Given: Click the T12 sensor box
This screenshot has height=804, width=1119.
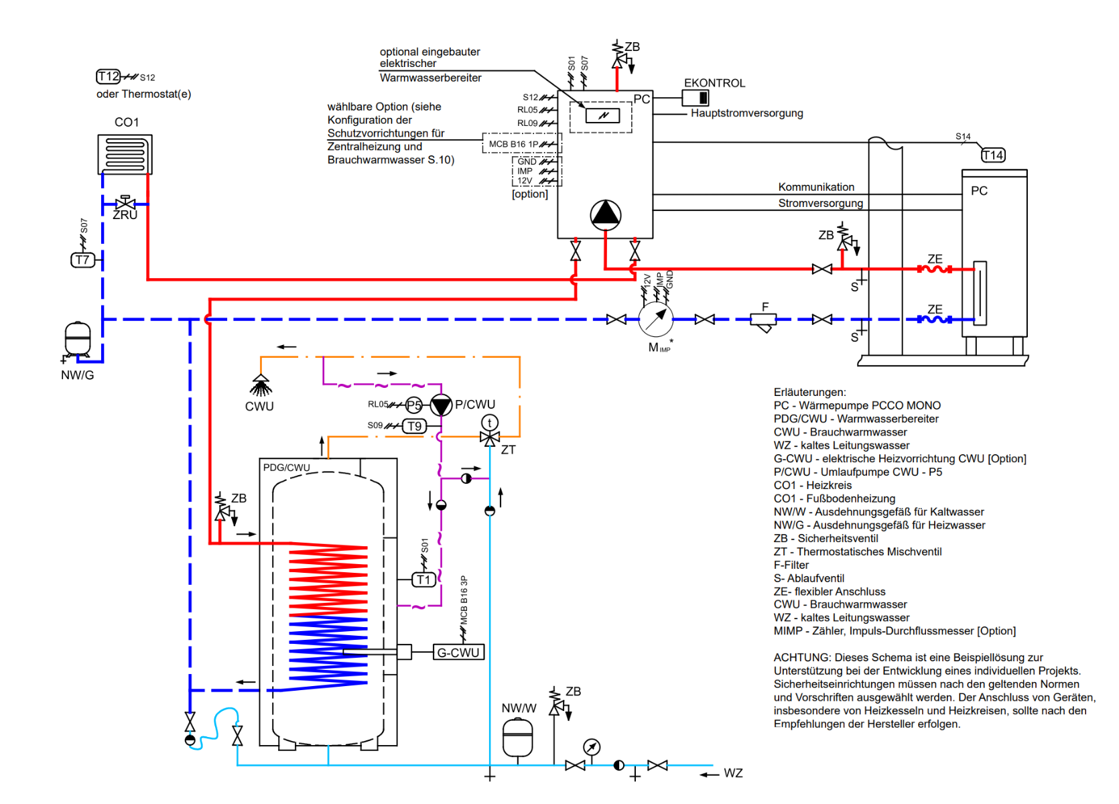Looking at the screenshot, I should click(108, 76).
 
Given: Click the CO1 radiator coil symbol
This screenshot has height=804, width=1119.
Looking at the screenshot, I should click(125, 154).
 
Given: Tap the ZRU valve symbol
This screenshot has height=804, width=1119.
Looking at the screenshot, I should click(125, 204).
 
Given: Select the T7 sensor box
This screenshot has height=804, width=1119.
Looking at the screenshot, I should click(82, 260).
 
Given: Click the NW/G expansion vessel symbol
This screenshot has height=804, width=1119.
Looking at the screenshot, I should click(78, 338).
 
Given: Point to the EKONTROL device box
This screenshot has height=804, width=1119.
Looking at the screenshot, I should click(696, 98).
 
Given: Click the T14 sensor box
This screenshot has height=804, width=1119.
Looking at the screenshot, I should click(993, 155).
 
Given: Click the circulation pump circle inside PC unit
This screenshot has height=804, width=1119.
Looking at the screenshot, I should click(606, 214).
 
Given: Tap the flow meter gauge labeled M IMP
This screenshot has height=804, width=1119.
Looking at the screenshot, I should click(656, 320).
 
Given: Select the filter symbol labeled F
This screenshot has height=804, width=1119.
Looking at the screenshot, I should click(763, 322).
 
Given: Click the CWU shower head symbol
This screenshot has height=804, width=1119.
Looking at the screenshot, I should click(261, 385).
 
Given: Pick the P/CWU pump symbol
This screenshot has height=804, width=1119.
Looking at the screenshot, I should click(441, 405).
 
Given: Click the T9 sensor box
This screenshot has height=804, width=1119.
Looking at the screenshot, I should click(415, 426).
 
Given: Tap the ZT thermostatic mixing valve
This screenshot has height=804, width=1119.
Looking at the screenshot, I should click(490, 438).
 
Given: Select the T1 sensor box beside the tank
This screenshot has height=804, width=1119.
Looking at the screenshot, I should click(423, 580).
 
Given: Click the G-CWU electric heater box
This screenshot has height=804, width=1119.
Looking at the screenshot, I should click(458, 653).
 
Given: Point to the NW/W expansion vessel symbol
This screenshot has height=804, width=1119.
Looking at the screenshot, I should click(518, 738).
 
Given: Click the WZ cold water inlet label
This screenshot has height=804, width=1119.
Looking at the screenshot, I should click(733, 773).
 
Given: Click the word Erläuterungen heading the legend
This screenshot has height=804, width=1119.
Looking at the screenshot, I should click(809, 392).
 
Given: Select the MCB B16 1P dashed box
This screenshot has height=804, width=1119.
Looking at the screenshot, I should click(521, 144).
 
